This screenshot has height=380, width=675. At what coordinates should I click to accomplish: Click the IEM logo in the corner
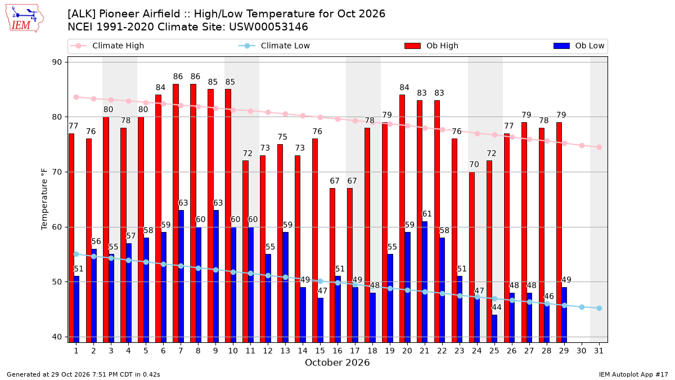(x=25, y=19)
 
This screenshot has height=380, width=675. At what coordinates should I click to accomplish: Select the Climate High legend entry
(x=107, y=46)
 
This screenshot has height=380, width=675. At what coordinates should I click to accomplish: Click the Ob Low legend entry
(x=579, y=46)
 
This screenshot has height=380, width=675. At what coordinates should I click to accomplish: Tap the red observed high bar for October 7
(x=175, y=213)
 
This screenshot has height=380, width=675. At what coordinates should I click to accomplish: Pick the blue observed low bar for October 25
(x=494, y=329)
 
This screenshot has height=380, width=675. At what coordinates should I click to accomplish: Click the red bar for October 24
(x=472, y=257)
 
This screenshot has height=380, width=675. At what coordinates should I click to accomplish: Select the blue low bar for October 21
(x=425, y=282)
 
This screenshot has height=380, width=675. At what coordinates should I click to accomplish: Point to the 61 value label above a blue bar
(x=427, y=214)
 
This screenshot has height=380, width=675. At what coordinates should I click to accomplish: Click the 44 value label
(x=497, y=307)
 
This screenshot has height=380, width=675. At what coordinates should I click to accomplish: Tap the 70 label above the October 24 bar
(x=474, y=164)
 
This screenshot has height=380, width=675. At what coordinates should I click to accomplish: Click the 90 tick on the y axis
(x=57, y=62)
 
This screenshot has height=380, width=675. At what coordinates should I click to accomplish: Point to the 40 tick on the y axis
(x=57, y=337)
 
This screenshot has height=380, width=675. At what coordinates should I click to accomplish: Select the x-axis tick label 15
(x=320, y=351)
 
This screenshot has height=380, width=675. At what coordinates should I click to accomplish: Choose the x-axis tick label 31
(x=598, y=351)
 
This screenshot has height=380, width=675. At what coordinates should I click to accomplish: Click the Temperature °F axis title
(x=44, y=199)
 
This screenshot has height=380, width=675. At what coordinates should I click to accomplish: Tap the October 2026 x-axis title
(x=337, y=363)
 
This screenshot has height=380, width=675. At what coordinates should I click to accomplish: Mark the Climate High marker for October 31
(x=600, y=147)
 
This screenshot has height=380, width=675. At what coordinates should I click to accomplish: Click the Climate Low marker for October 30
(x=582, y=307)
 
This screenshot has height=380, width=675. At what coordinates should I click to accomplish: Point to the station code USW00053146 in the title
(x=268, y=27)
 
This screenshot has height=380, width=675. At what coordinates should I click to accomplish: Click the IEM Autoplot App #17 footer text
(x=633, y=374)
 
